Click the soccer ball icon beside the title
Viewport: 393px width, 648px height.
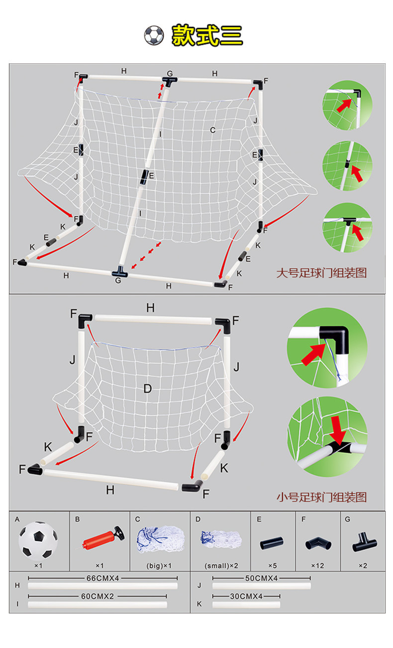point(154,35)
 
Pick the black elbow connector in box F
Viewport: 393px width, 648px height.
point(317,543)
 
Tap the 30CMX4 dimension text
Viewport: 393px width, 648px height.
point(246,596)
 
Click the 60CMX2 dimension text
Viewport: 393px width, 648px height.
point(98,596)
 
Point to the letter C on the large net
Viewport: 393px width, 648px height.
point(212,130)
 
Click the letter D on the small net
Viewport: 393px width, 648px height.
point(147,389)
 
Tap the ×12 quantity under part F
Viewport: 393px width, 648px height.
point(317,566)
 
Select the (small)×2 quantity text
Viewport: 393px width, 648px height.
point(220,566)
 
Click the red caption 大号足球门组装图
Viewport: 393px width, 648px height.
point(321,273)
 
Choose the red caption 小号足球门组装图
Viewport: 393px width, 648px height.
point(321,497)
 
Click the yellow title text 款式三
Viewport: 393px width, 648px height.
point(207,35)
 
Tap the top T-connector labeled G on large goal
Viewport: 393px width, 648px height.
point(170,81)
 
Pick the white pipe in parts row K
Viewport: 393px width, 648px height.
point(246,605)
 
